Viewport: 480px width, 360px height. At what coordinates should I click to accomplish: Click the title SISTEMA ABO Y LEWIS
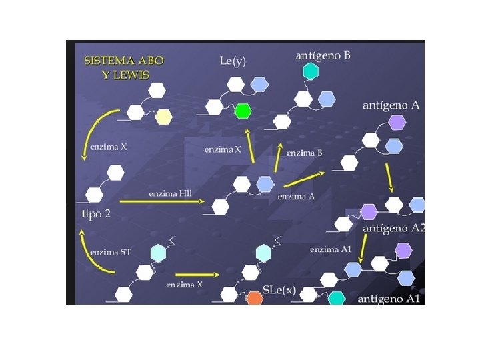pos(123,65)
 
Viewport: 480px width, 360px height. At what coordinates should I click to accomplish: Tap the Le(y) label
pos(233,61)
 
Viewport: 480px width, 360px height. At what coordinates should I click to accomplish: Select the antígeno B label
pos(323,56)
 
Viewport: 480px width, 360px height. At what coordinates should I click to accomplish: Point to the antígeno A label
pos(391,105)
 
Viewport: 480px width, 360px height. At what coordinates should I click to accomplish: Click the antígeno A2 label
pos(393,228)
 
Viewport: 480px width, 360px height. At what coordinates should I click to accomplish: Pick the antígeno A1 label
pos(389,299)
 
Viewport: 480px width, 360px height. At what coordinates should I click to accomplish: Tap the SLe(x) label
pos(279,291)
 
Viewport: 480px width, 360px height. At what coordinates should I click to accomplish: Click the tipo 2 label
pos(97,213)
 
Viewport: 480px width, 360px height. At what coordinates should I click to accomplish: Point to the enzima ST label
pos(110,252)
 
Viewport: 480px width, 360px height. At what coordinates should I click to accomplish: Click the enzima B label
pos(304,153)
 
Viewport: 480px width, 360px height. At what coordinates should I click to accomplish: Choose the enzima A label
pos(296,197)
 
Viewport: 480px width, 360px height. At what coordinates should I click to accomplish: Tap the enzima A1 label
pos(330,249)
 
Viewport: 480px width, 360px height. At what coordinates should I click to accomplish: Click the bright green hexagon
pos(243,111)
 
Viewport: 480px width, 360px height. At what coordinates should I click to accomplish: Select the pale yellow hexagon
pos(163,117)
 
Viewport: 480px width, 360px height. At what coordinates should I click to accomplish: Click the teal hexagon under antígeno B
pos(309,71)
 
